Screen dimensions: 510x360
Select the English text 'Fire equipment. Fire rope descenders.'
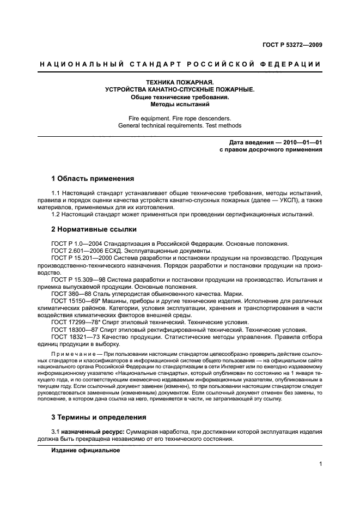pyautogui.click(x=180, y=118)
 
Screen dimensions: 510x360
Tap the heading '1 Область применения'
pyautogui.click(x=93, y=178)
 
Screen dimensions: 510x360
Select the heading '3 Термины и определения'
pyautogui.click(x=99, y=417)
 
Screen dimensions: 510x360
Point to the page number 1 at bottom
pyautogui.click(x=321, y=464)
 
